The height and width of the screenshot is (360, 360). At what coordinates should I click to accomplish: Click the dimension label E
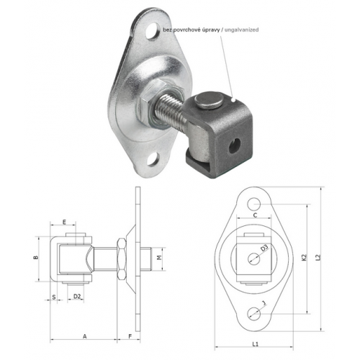point(64,222)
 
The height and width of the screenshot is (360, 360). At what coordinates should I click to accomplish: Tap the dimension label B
point(36,258)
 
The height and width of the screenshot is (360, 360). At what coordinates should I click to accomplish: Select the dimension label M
point(159,258)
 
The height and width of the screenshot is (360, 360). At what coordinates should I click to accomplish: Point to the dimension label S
point(54,297)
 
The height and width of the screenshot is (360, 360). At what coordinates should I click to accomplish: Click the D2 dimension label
point(77,297)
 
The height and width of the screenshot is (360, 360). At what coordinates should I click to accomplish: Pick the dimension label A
point(84,336)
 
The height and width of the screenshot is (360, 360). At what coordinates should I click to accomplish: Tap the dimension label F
point(130,336)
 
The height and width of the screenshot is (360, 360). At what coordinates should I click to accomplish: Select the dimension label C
point(255,215)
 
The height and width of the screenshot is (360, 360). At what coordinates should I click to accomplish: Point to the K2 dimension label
point(304,258)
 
